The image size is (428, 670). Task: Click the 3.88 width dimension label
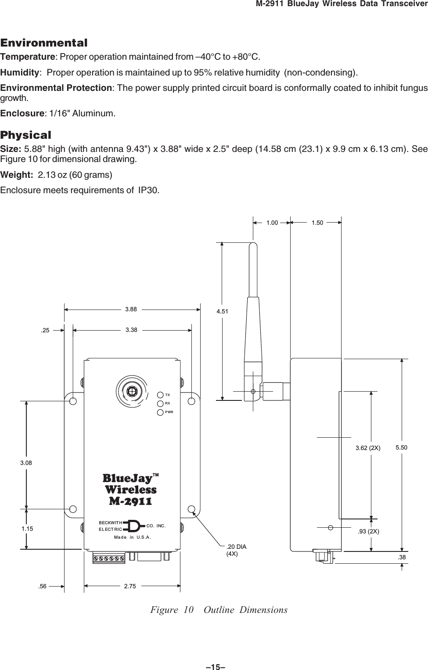(x=131, y=309)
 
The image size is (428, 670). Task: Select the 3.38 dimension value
(x=131, y=329)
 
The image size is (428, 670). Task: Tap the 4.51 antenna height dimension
(x=223, y=312)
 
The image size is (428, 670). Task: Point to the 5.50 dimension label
(x=401, y=447)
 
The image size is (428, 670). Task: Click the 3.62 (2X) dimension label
(x=368, y=448)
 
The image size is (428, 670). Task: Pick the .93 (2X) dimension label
(x=368, y=531)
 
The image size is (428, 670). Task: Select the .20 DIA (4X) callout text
(x=236, y=550)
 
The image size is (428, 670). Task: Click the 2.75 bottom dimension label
(x=130, y=586)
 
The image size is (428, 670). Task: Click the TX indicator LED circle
(x=161, y=395)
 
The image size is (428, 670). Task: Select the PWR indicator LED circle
(x=161, y=412)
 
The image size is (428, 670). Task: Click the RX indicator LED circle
(x=161, y=403)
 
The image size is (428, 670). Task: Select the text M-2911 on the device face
(x=130, y=501)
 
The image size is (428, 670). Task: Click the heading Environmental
(x=44, y=43)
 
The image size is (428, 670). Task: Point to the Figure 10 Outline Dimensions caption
(x=219, y=610)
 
